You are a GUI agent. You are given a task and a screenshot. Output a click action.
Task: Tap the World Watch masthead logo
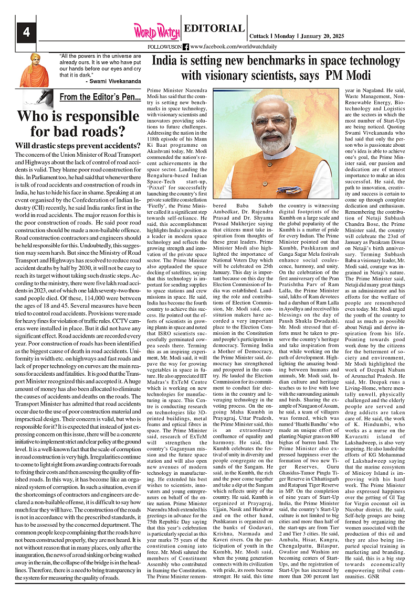click(x=155, y=31)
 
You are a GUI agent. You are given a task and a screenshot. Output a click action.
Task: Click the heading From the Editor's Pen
click(x=100, y=97)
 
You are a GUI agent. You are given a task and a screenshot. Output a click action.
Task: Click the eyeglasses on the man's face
click(x=277, y=122)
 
